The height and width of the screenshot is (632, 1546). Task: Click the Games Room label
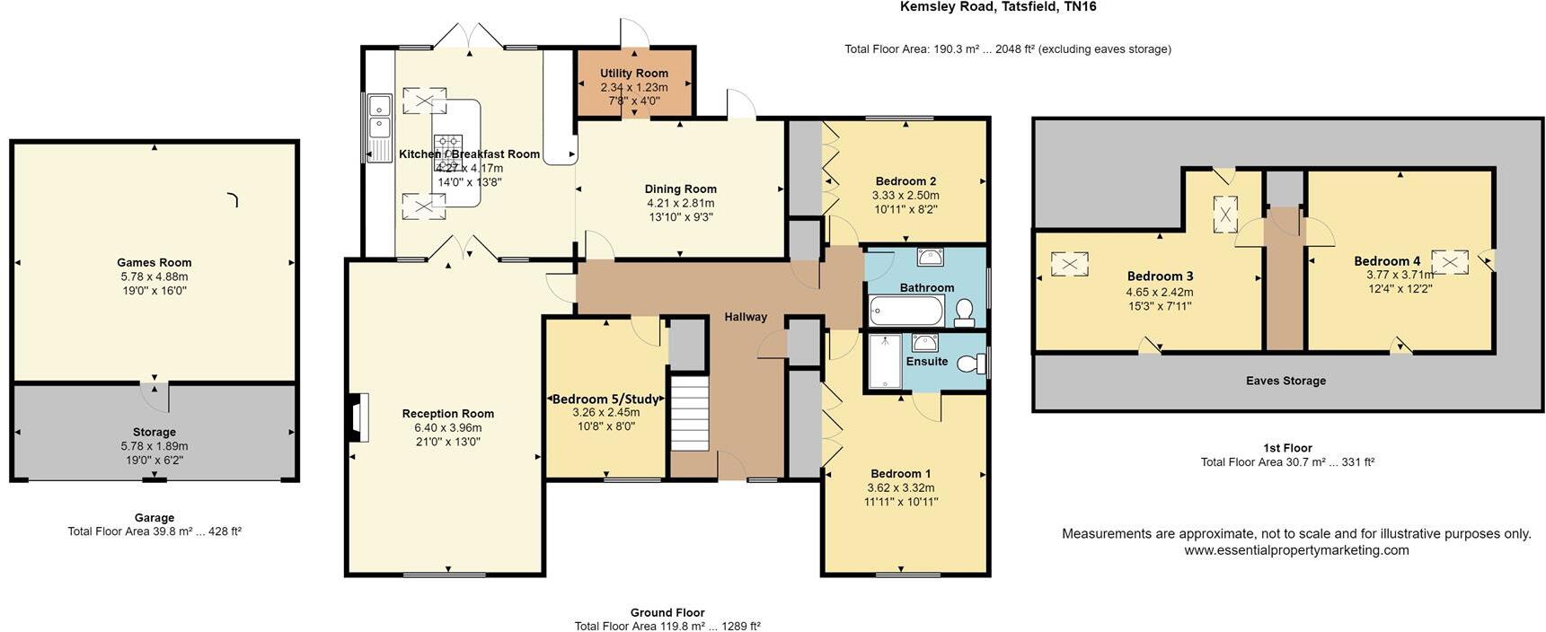(155, 263)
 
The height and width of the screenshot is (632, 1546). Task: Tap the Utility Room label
(634, 74)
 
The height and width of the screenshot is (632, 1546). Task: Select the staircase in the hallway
(691, 414)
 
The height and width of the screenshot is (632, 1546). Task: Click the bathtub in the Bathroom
(906, 312)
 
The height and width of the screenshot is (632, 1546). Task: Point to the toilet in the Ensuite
(969, 364)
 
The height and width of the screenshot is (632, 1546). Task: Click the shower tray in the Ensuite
(885, 361)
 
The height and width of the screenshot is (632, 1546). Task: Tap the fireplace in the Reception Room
(358, 418)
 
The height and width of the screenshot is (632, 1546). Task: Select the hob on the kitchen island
(448, 147)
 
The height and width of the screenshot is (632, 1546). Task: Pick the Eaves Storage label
(1285, 381)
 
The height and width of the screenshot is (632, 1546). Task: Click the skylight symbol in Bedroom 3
(1069, 265)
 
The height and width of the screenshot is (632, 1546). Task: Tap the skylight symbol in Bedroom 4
(1450, 262)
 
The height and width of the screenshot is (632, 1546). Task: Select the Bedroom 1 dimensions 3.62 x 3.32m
(900, 488)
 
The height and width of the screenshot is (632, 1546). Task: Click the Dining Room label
(680, 189)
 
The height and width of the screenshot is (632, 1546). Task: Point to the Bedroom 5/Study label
(605, 399)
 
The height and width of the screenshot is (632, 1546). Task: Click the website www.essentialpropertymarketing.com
(1296, 550)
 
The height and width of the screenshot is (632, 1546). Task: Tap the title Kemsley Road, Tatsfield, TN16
(998, 7)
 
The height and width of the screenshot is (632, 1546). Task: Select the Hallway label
(746, 317)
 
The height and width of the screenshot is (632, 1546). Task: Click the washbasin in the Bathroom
(931, 258)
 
